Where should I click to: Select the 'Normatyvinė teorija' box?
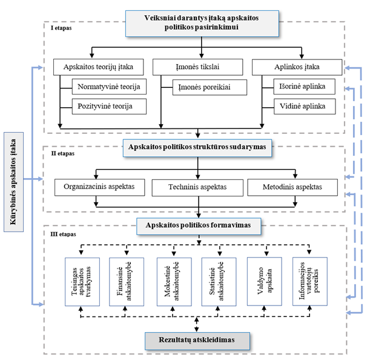(x=110, y=87)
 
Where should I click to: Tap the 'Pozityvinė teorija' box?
(x=110, y=106)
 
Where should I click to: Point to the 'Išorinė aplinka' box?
(x=303, y=87)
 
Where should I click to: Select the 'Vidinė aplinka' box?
(x=303, y=106)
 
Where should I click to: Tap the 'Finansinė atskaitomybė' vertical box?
(x=125, y=280)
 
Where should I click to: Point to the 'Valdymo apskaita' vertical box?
(x=263, y=280)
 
